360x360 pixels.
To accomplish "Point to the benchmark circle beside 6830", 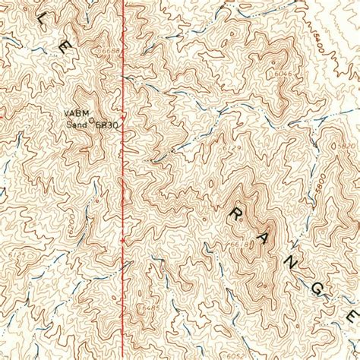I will pyautogui.click(x=93, y=121).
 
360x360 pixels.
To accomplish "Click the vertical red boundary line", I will pyautogui.click(x=124, y=190).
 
